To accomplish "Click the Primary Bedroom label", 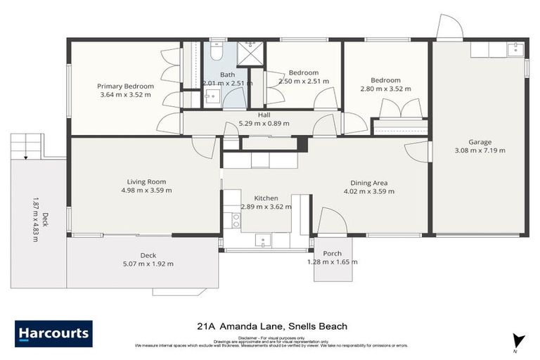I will pyautogui.click(x=126, y=86).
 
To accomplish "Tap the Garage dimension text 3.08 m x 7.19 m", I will pyautogui.click(x=480, y=150).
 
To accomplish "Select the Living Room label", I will pyautogui.click(x=146, y=181).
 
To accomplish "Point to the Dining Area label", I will pyautogui.click(x=366, y=183).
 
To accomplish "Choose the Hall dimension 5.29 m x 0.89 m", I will pyautogui.click(x=264, y=123).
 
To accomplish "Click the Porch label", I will pyautogui.click(x=332, y=254).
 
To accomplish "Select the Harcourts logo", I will pyautogui.click(x=53, y=333).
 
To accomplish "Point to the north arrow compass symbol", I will pyautogui.click(x=518, y=340).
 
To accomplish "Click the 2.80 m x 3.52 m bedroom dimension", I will pyautogui.click(x=385, y=89).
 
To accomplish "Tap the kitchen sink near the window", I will pyautogui.click(x=263, y=240).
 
